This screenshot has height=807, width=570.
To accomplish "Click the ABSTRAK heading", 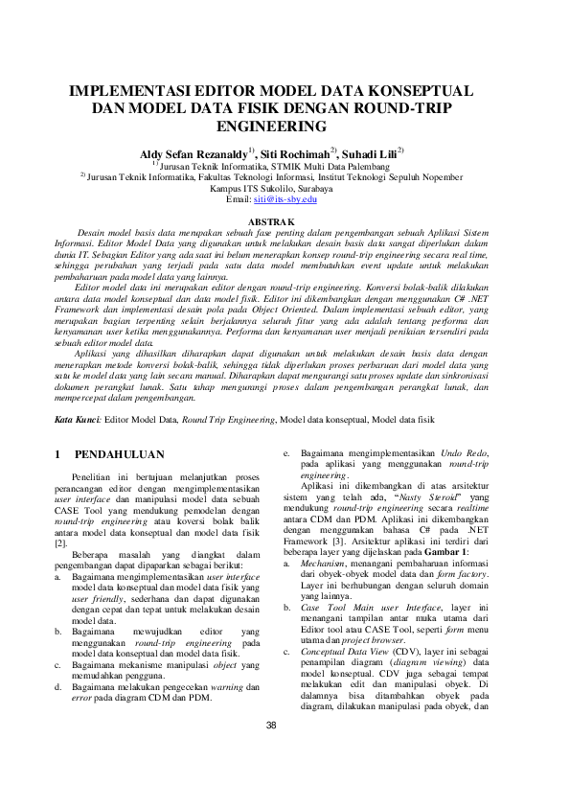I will (285, 221).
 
